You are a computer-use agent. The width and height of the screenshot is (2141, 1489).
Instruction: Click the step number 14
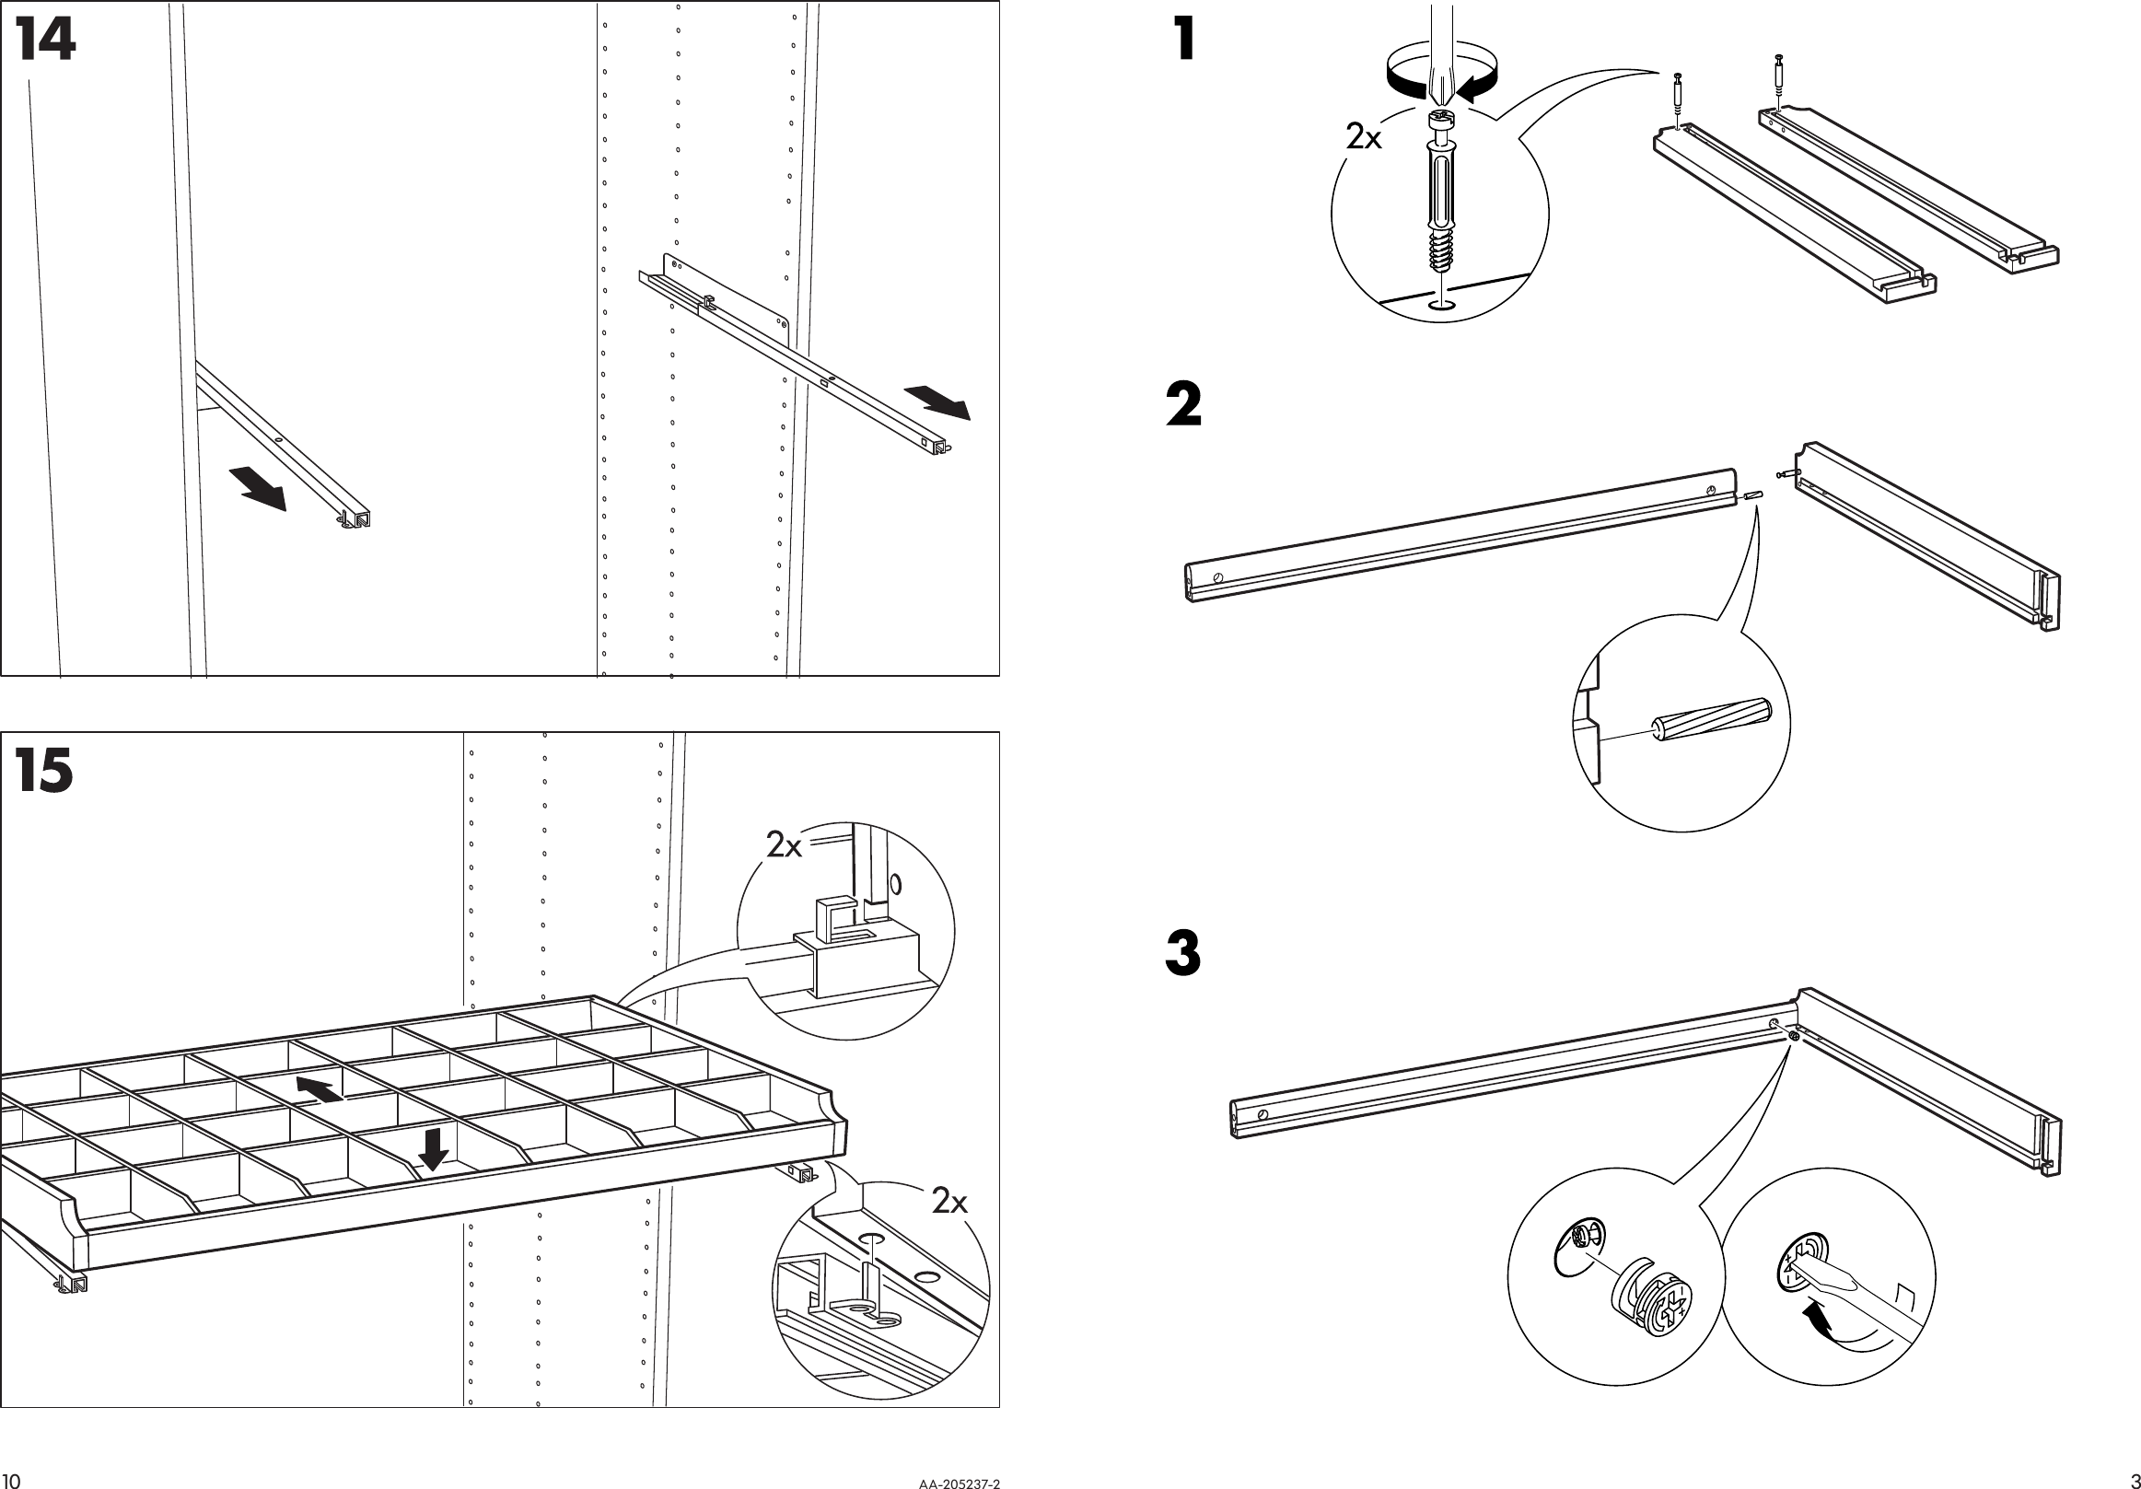(x=45, y=43)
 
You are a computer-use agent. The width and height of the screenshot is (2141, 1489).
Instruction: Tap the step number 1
(x=1184, y=42)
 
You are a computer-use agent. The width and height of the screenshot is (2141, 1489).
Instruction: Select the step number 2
(x=1184, y=405)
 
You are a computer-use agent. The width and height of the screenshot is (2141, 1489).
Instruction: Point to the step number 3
(x=1183, y=954)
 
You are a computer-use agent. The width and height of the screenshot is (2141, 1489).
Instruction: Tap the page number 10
(x=11, y=1481)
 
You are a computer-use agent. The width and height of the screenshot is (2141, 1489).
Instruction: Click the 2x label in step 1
(x=1364, y=138)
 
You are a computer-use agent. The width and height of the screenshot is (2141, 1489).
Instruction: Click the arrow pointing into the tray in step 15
(x=320, y=1088)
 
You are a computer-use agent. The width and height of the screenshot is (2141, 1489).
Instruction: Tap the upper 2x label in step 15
(x=785, y=845)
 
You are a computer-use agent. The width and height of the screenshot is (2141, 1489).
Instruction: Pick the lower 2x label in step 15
(x=950, y=1203)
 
